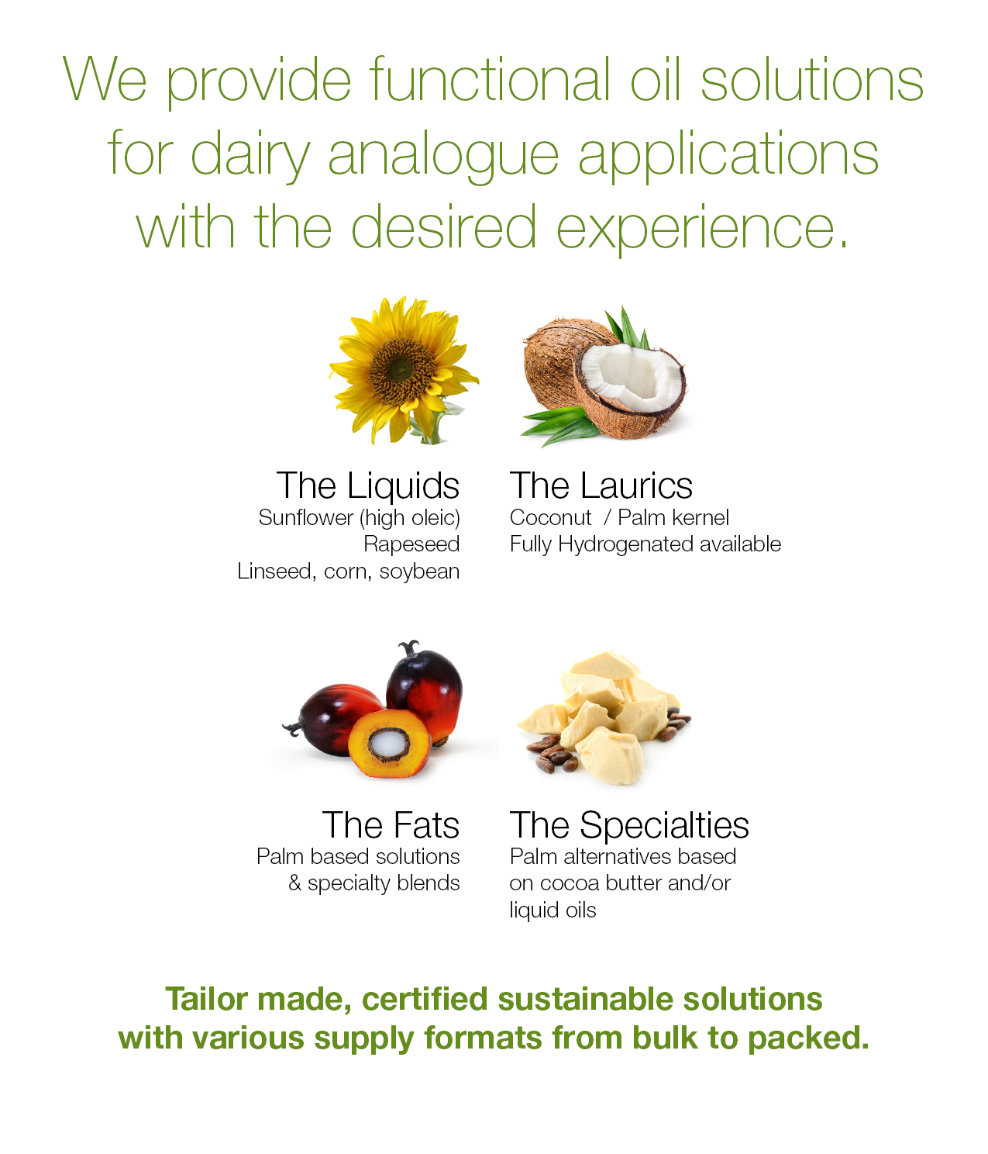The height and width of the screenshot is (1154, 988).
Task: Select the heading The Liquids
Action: pyautogui.click(x=368, y=486)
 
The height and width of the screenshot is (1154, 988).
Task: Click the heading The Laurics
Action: pyautogui.click(x=601, y=486)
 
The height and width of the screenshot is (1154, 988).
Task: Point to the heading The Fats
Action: pyautogui.click(x=391, y=825)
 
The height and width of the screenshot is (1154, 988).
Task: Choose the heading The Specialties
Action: pyautogui.click(x=629, y=825)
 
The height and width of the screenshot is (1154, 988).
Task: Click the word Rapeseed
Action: pyautogui.click(x=411, y=544)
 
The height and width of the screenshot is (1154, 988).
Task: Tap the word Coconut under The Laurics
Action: pyautogui.click(x=550, y=518)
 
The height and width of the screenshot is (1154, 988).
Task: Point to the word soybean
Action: pyautogui.click(x=419, y=572)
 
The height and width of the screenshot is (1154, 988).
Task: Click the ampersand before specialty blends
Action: pyautogui.click(x=294, y=883)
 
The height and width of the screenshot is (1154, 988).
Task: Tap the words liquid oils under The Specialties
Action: pyautogui.click(x=553, y=910)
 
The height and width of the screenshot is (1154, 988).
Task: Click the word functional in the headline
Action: pyautogui.click(x=489, y=80)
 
